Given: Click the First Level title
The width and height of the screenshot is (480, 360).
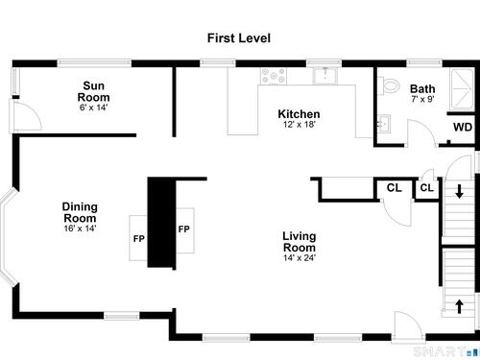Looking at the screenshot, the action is click(x=239, y=38).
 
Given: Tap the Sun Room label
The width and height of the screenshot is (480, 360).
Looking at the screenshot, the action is click(x=93, y=91).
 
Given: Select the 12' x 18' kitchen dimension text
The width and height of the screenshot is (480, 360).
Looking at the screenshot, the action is click(x=300, y=124).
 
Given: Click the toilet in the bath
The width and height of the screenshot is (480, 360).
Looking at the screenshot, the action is click(x=390, y=85).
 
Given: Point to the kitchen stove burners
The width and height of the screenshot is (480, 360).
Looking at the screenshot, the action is click(x=274, y=76).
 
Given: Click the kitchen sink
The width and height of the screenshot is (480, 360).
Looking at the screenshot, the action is click(x=325, y=76).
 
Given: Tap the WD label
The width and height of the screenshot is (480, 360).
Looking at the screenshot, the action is click(x=463, y=127).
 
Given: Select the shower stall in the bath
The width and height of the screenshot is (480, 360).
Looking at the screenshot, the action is click(x=462, y=88).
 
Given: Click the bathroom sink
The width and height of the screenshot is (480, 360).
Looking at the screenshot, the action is click(x=383, y=123).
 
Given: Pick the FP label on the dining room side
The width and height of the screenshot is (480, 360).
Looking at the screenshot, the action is click(x=139, y=239).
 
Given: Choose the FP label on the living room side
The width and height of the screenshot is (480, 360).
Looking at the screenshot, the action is click(x=183, y=229).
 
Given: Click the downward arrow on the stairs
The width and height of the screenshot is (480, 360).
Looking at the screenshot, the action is click(x=460, y=191).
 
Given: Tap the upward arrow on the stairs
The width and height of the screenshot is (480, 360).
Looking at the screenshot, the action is click(x=460, y=306).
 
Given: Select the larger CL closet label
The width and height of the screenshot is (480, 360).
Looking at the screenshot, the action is click(x=395, y=187).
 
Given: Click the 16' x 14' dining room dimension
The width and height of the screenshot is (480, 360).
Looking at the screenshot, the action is click(x=80, y=228).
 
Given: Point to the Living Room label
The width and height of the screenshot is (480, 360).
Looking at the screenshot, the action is click(x=300, y=242).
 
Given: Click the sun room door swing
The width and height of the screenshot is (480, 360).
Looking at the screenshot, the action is click(x=26, y=115).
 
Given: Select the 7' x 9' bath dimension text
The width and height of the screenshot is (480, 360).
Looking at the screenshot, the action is click(x=422, y=99).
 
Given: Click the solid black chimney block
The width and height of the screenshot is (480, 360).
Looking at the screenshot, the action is click(x=161, y=223).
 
